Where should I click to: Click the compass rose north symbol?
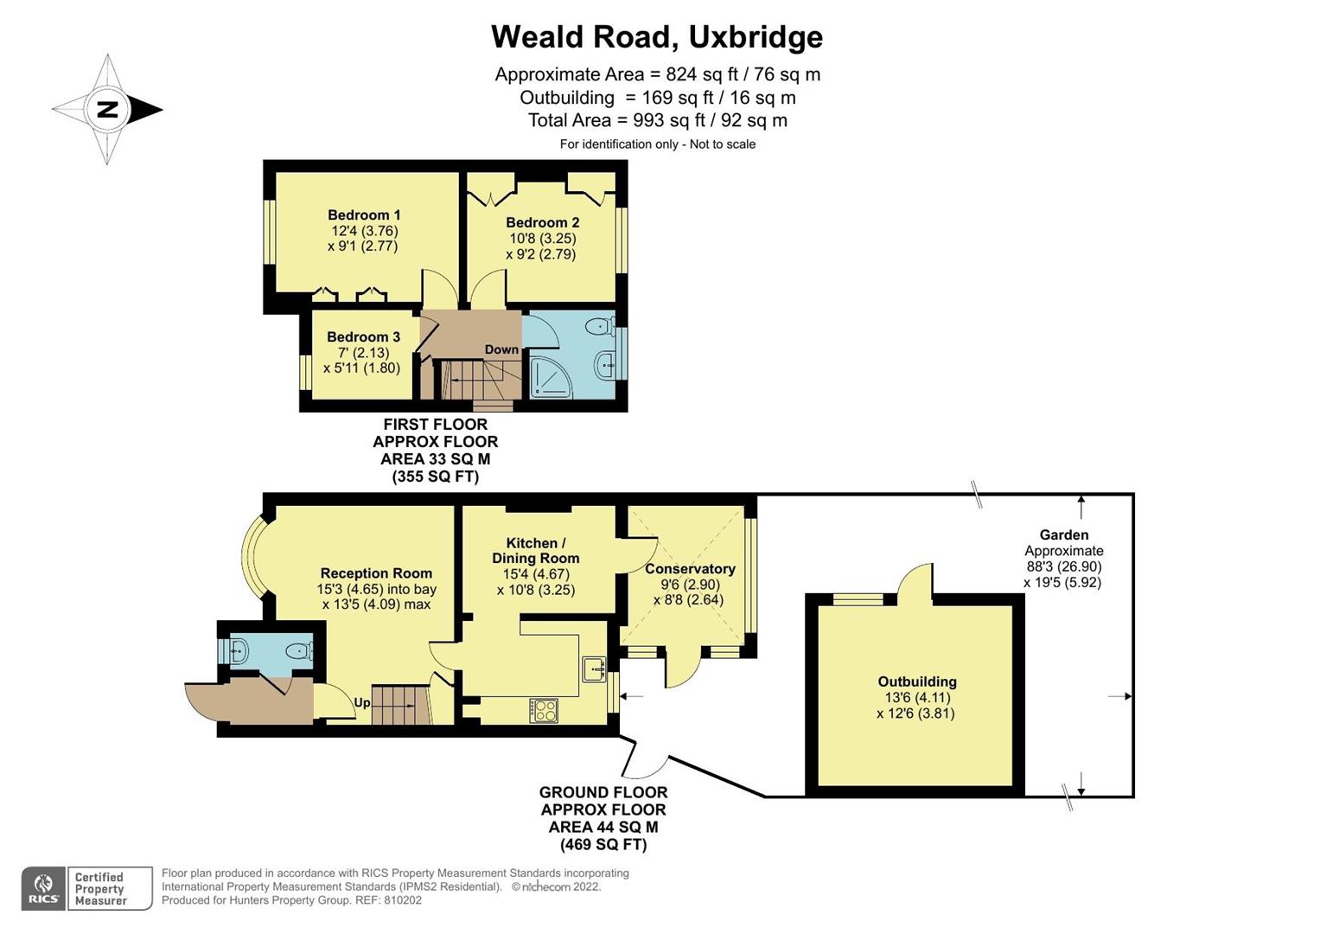pyautogui.click(x=107, y=110)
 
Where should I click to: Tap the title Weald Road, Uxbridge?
pyautogui.click(x=657, y=37)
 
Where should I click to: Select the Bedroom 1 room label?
pyautogui.click(x=364, y=215)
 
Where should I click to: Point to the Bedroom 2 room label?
pyautogui.click(x=542, y=223)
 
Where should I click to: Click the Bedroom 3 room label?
pyautogui.click(x=363, y=337)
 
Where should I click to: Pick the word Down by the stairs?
pyautogui.click(x=501, y=350)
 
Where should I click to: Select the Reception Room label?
pyautogui.click(x=376, y=573)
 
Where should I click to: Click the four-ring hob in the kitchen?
pyautogui.click(x=544, y=710)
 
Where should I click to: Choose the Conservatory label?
pyautogui.click(x=690, y=569)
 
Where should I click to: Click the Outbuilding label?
pyautogui.click(x=917, y=681)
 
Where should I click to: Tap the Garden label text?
pyautogui.click(x=1064, y=535)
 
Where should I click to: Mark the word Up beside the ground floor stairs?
pyautogui.click(x=362, y=703)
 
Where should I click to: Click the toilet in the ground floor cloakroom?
pyautogui.click(x=297, y=651)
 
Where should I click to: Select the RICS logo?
pyautogui.click(x=43, y=888)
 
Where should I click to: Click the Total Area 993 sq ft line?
pyautogui.click(x=657, y=120)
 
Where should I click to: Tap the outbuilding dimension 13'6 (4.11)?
pyautogui.click(x=916, y=698)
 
